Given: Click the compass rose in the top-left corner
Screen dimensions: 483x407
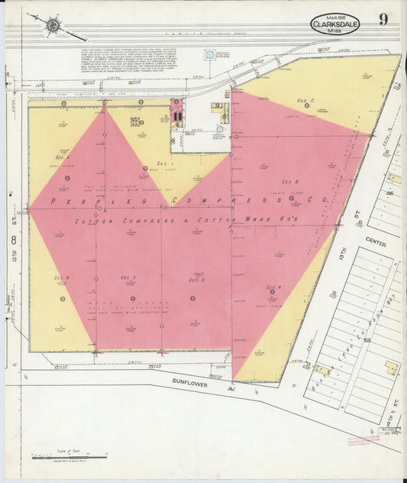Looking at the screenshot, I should [52, 26].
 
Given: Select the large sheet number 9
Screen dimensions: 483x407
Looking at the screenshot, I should [383, 21].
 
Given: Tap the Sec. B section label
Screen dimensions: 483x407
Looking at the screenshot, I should [290, 181].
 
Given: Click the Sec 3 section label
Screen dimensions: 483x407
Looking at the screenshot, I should [129, 277].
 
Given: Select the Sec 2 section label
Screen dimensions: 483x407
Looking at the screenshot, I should [196, 280].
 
